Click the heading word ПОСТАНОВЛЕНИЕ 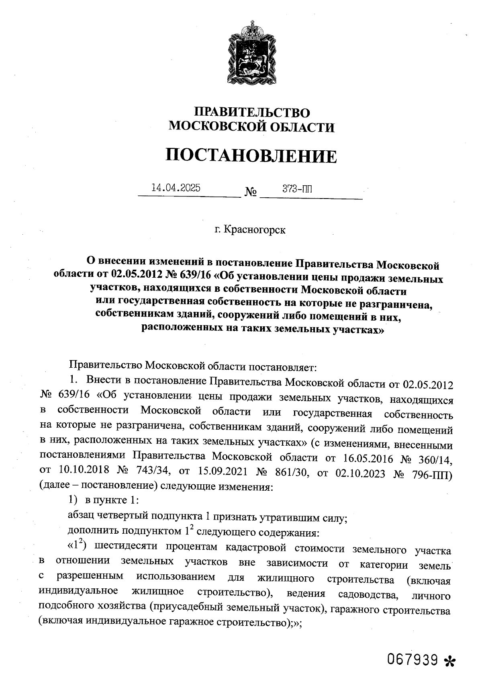pos(251,156)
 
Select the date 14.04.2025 pos(176,188)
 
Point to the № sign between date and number pos(251,193)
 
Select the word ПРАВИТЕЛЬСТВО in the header pos(252,112)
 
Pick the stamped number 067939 pos(412,659)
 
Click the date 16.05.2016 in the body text pos(368,458)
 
